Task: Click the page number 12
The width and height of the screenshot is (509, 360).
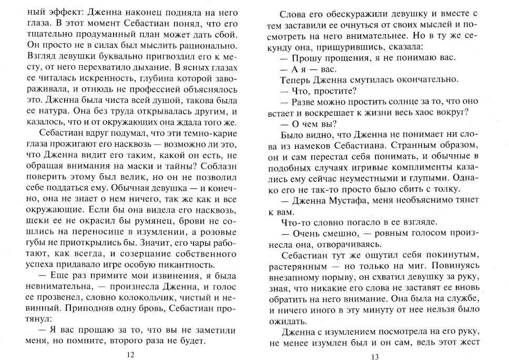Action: tap(131, 354)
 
